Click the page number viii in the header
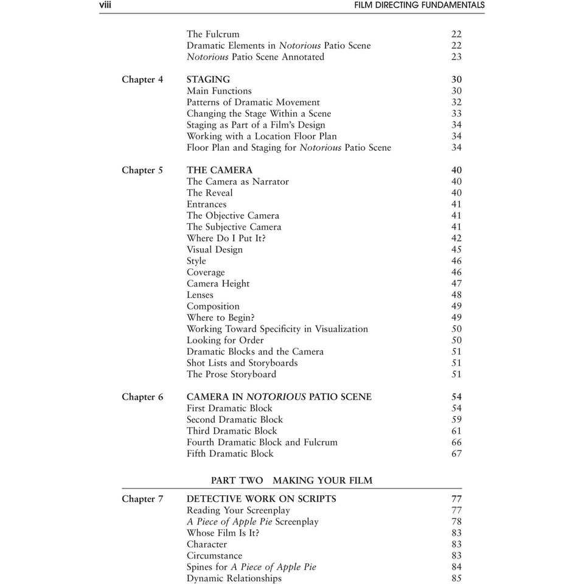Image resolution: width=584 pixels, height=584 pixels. click(x=105, y=5)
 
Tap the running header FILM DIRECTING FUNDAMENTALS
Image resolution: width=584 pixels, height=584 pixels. click(x=419, y=5)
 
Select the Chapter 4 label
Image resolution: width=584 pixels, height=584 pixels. click(x=142, y=80)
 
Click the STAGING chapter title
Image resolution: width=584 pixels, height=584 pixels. click(x=208, y=80)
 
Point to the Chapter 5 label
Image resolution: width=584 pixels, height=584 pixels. click(x=142, y=170)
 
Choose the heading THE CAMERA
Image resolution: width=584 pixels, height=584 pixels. click(x=219, y=170)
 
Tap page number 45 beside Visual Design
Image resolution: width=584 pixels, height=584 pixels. click(x=456, y=250)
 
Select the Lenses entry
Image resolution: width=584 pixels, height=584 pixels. click(x=200, y=295)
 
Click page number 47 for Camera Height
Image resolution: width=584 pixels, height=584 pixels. click(x=456, y=284)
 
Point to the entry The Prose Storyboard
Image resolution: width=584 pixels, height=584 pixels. click(x=231, y=375)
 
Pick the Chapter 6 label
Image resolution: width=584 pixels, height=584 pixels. click(x=142, y=397)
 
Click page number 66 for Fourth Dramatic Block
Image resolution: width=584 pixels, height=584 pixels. click(x=456, y=443)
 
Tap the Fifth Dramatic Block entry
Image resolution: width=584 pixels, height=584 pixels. click(x=230, y=454)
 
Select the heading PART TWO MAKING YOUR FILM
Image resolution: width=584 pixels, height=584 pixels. click(x=291, y=481)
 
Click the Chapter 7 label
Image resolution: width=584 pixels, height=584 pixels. click(x=142, y=499)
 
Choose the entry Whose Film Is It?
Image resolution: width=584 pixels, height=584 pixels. click(x=223, y=534)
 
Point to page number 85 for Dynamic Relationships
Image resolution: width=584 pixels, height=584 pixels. click(x=456, y=579)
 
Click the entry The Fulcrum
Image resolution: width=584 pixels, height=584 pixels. click(x=213, y=35)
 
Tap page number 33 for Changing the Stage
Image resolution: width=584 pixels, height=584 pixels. click(x=456, y=114)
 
